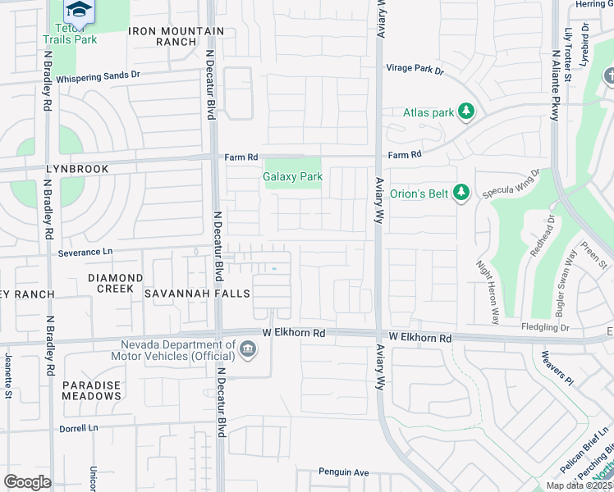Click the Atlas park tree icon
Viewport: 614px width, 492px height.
pos(466,111)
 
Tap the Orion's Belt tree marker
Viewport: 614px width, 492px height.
pos(462,193)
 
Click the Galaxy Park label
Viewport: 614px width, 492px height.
pos(292,176)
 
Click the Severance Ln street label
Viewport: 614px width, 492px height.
pos(85,253)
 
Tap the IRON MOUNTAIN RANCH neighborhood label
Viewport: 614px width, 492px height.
pos(176,36)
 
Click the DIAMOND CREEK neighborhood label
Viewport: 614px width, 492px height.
pos(110,284)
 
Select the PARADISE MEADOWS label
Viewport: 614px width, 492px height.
pos(91,390)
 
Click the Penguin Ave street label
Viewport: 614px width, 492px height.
pos(344,472)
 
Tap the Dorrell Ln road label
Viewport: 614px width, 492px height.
pos(78,428)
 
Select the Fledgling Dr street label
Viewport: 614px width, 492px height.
pos(545,327)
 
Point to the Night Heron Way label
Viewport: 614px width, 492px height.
pos(488,291)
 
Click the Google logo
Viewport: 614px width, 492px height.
pos(27,482)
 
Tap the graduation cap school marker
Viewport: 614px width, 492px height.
pos(79,10)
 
